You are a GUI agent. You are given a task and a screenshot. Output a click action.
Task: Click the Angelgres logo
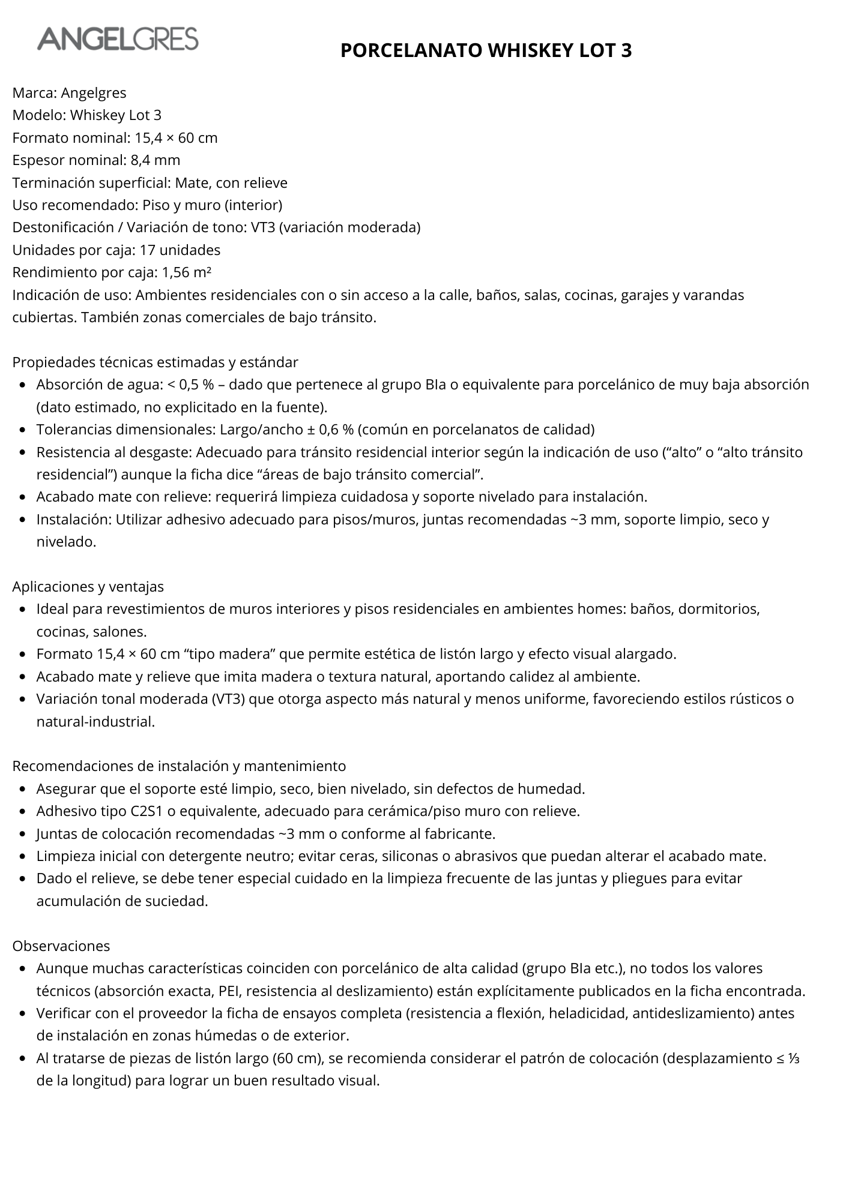click(x=118, y=39)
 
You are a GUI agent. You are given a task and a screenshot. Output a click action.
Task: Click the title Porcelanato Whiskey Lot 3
click(x=486, y=50)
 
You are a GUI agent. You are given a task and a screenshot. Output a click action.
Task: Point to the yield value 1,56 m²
click(x=186, y=272)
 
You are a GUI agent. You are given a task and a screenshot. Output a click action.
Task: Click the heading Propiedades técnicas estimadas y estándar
click(x=155, y=362)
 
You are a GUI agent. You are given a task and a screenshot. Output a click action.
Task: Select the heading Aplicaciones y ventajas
click(x=88, y=586)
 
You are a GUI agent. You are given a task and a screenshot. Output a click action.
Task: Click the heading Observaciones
click(x=61, y=946)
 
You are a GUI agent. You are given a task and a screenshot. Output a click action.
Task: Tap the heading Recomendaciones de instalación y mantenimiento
click(x=179, y=766)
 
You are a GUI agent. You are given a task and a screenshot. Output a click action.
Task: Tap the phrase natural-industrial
click(x=95, y=722)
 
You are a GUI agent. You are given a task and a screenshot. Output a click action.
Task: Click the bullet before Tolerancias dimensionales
click(x=22, y=430)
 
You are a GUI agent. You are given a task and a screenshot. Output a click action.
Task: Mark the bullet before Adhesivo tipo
click(x=22, y=812)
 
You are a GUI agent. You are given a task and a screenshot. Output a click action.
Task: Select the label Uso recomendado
click(x=74, y=205)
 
